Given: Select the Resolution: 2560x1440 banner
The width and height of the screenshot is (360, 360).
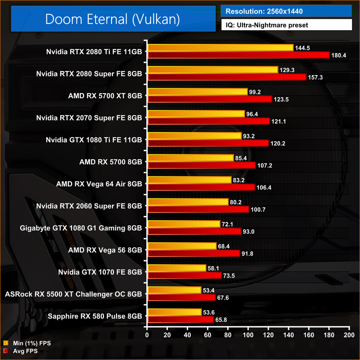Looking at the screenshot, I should (x=286, y=10).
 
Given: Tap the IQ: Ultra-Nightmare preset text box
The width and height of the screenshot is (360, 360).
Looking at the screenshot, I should (x=286, y=25).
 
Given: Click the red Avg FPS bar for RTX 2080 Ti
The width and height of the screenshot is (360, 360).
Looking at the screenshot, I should (x=238, y=55).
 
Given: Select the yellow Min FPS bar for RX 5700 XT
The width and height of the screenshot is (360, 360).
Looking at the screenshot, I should (x=197, y=92).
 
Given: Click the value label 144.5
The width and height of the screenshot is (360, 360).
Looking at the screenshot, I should (x=303, y=48).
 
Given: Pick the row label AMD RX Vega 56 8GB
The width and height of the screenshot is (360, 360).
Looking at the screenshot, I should (x=104, y=250).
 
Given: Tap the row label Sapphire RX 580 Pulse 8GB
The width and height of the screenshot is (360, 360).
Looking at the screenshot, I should (x=94, y=316).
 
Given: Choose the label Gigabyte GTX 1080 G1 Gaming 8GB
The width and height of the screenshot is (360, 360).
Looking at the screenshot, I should (x=81, y=228).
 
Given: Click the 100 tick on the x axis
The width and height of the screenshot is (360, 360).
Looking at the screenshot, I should (x=248, y=336).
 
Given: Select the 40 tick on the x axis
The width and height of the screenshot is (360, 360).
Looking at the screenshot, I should (x=187, y=336).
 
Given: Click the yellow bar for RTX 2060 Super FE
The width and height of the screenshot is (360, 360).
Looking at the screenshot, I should (x=188, y=202).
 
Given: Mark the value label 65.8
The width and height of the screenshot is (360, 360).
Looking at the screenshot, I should (x=223, y=319).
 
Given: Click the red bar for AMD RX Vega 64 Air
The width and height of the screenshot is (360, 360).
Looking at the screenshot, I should (x=201, y=187).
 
